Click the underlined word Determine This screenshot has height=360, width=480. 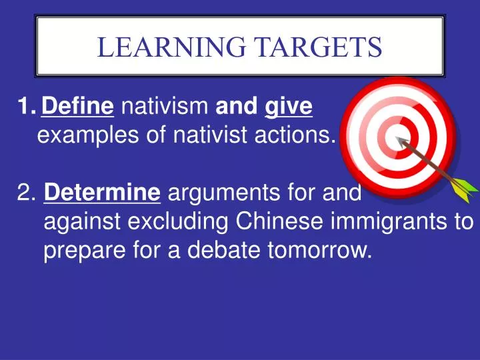[102, 194]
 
